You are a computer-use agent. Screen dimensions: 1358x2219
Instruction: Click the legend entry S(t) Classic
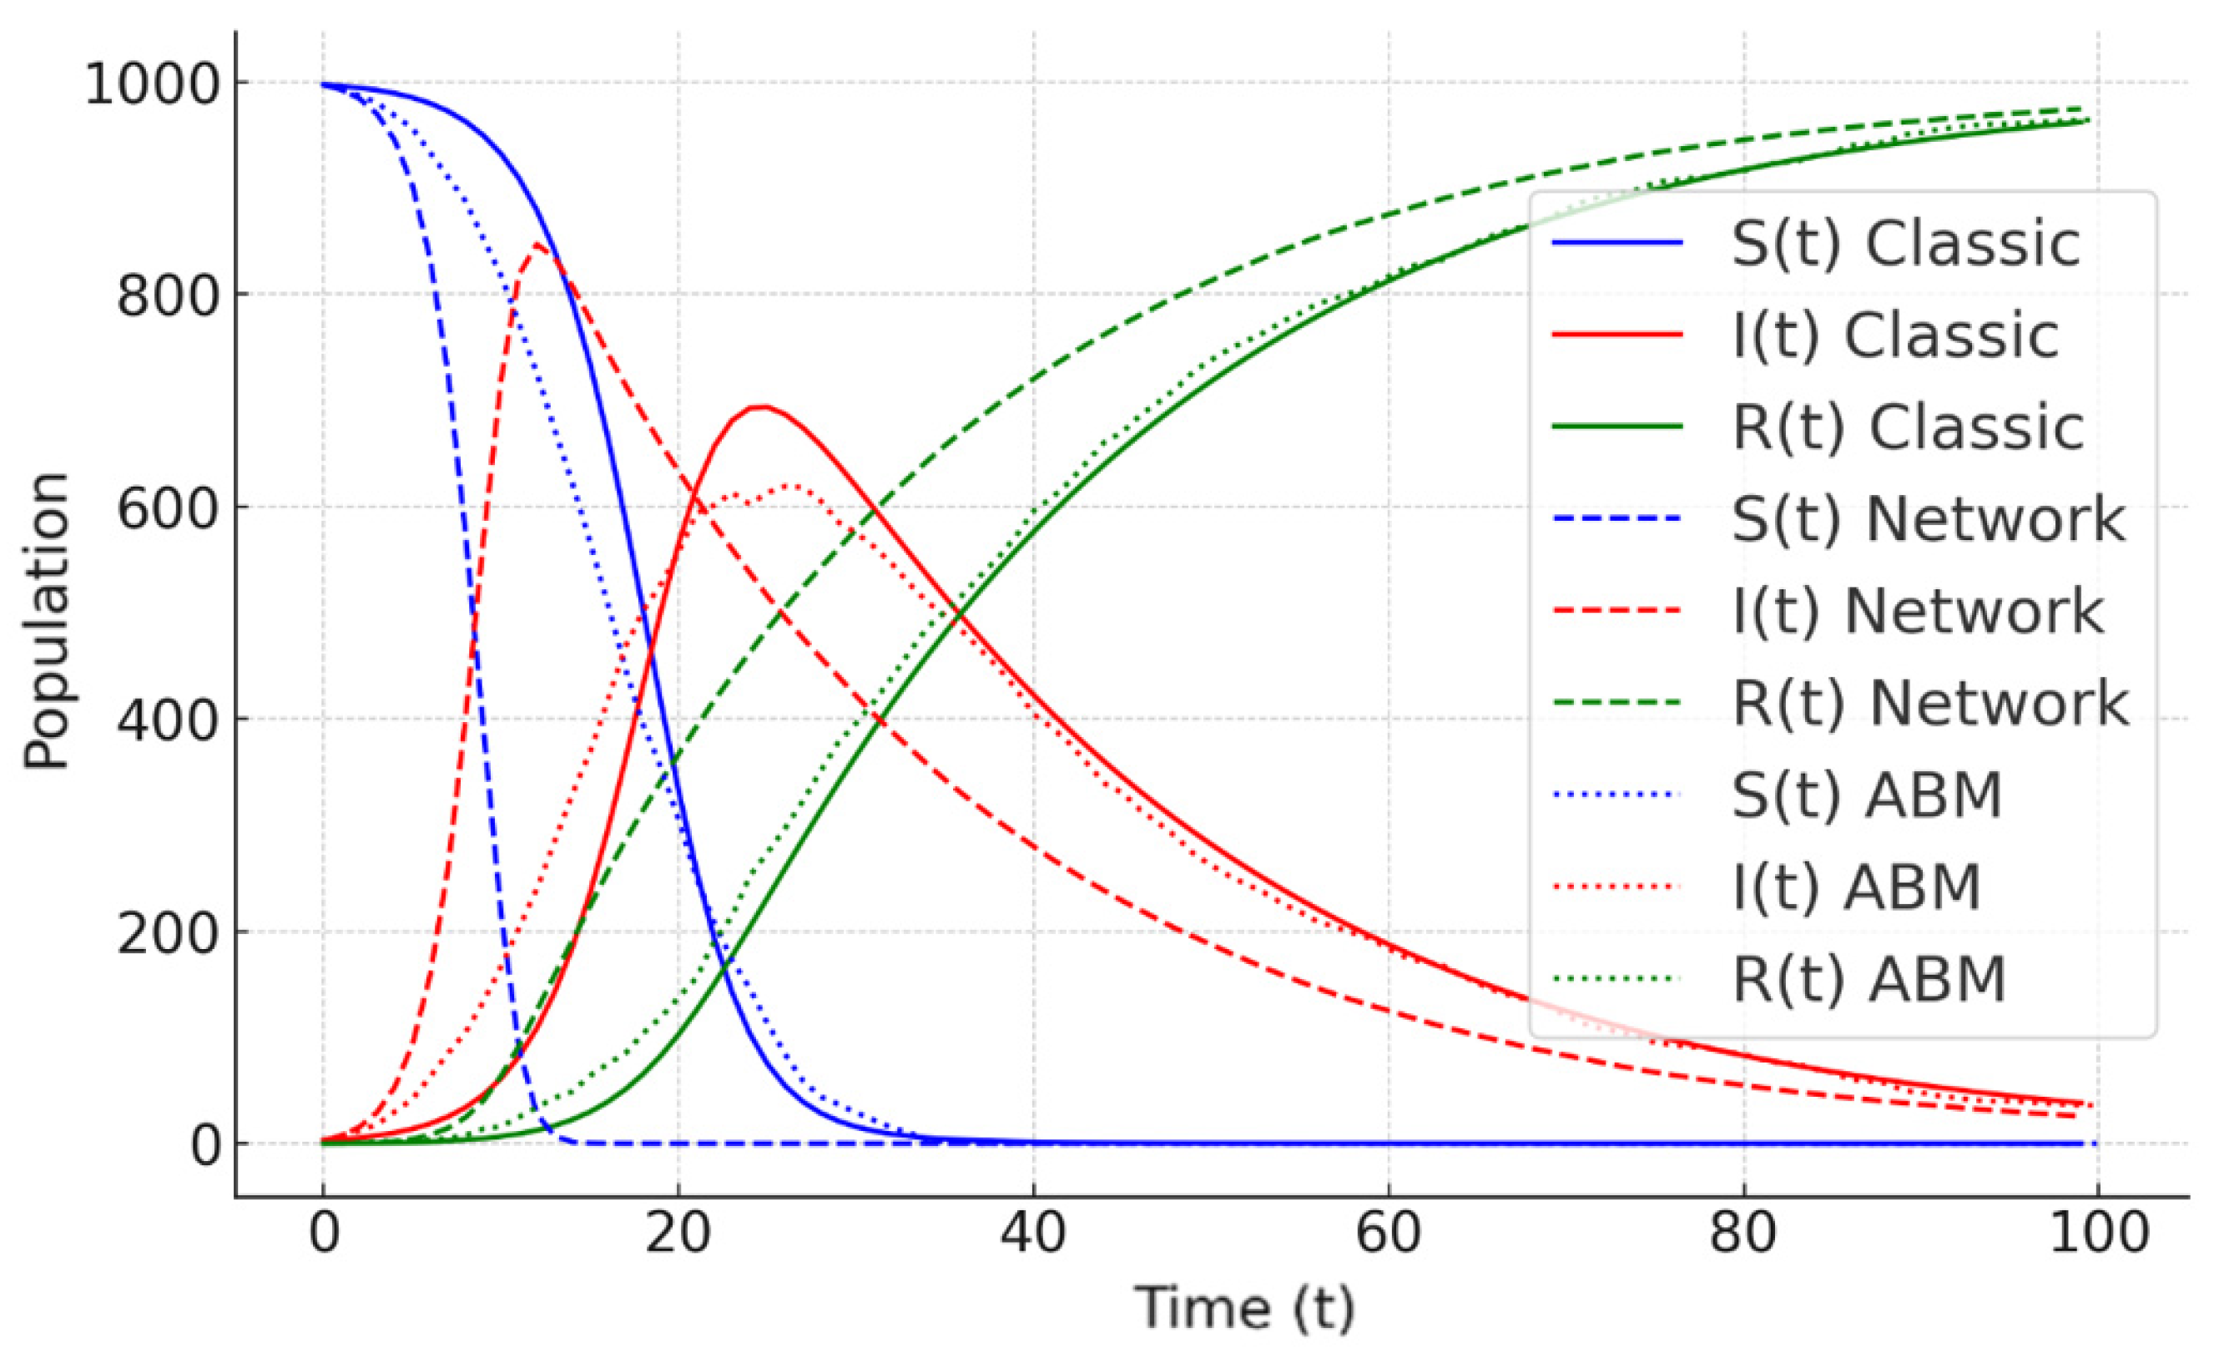point(1905,243)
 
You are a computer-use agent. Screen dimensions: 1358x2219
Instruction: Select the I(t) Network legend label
point(1919,611)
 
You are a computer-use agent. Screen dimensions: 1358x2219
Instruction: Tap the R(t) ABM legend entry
point(1869,979)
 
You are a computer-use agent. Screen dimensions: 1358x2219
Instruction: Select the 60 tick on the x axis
point(1388,1233)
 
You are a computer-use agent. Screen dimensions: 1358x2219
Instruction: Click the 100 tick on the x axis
point(2099,1233)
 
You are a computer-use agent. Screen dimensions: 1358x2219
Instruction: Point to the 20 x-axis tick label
point(678,1233)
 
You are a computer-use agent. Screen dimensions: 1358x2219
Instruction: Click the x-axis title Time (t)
point(1243,1308)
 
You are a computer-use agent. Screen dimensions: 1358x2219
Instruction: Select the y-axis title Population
point(47,621)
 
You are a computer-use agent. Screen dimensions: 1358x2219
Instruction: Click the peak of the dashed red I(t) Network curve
point(537,244)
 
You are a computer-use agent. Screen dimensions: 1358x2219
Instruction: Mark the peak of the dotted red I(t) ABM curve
point(793,487)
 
